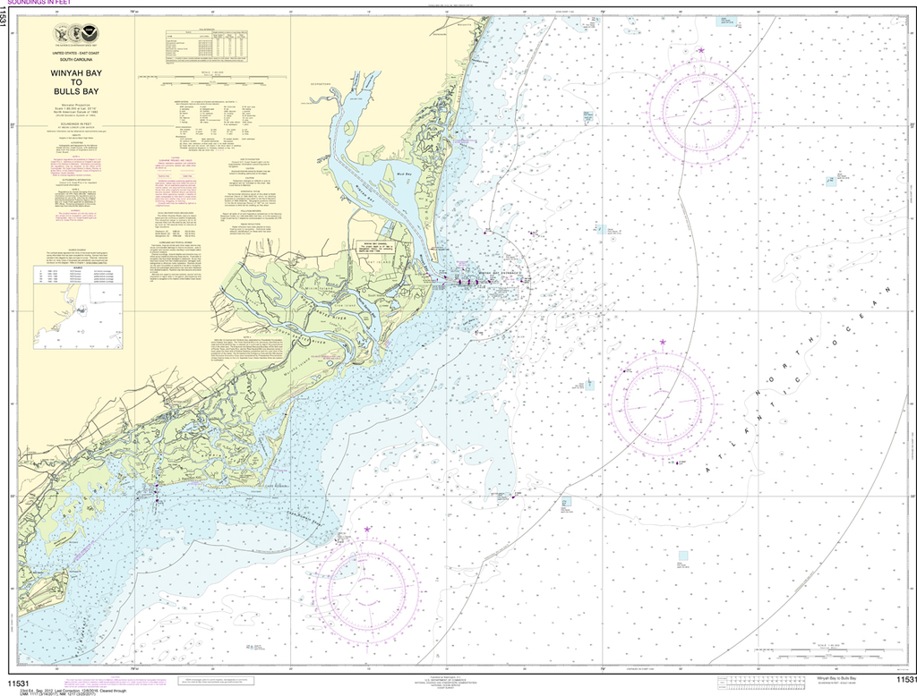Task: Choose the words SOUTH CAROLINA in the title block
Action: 75,61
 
